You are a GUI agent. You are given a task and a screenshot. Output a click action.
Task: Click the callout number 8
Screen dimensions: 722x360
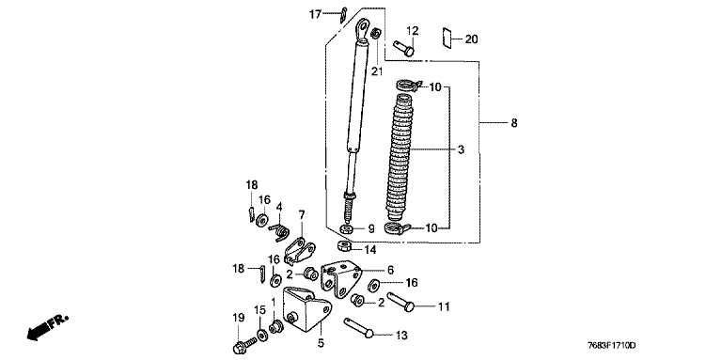(x=514, y=123)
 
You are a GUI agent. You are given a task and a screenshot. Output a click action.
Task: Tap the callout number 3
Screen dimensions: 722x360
(x=461, y=149)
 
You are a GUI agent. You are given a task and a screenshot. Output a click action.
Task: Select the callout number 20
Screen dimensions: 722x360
(x=471, y=39)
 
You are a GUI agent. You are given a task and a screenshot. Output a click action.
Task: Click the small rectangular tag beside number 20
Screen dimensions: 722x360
(x=447, y=38)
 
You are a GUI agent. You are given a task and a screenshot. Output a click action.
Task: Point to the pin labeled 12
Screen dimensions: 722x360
(x=404, y=48)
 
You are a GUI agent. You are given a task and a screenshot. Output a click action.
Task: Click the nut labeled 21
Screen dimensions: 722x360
(x=376, y=34)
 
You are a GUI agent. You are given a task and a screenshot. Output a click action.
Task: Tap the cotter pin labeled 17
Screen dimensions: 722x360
(x=343, y=14)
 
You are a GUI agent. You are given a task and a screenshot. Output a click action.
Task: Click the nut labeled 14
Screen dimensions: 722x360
(x=343, y=247)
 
